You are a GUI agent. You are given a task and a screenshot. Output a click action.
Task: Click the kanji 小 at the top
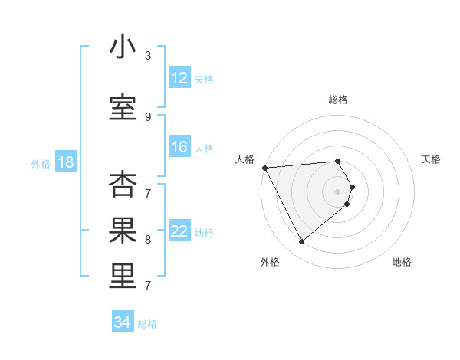(x=123, y=47)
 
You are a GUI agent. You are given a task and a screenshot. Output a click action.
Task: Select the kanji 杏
(x=123, y=185)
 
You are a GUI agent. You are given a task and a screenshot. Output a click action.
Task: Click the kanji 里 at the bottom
(x=123, y=277)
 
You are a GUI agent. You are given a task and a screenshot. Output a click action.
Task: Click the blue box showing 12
(x=179, y=78)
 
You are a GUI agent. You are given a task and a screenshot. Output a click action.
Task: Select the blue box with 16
(x=179, y=147)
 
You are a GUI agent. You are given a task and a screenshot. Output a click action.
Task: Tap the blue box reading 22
(x=179, y=231)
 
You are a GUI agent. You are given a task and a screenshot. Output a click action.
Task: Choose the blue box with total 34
(x=123, y=322)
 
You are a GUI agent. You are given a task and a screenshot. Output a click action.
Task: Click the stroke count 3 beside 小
(x=148, y=56)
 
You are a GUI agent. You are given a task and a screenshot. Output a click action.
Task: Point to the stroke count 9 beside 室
(x=148, y=116)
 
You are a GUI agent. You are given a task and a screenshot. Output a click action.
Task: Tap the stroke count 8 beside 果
(x=148, y=239)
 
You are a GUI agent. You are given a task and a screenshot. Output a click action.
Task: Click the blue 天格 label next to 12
(x=204, y=79)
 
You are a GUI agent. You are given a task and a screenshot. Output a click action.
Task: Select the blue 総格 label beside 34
(x=147, y=324)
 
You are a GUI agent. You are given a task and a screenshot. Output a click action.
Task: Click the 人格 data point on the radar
(x=264, y=167)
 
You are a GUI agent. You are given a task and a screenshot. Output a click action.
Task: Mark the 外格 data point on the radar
(x=301, y=242)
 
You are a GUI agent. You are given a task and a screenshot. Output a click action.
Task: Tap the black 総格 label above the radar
(x=337, y=100)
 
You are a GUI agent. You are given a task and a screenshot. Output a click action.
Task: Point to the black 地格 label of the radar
(x=402, y=262)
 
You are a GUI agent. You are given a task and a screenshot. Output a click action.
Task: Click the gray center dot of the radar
(x=337, y=190)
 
